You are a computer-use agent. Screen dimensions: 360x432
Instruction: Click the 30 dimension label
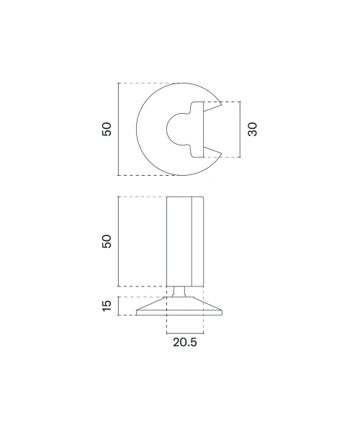pyautogui.click(x=252, y=129)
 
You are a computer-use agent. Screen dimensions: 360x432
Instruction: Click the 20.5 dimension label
pyautogui.click(x=185, y=342)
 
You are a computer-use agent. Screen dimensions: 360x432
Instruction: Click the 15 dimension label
pyautogui.click(x=107, y=306)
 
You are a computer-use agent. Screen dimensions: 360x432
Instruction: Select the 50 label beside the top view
pyautogui.click(x=107, y=129)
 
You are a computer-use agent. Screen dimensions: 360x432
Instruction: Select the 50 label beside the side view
pyautogui.click(x=107, y=241)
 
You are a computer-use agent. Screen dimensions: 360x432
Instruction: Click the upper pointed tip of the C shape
pyautogui.click(x=222, y=104)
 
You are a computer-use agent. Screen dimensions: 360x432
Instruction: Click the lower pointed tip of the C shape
pyautogui.click(x=222, y=153)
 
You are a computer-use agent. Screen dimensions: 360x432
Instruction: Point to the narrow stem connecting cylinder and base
pyautogui.click(x=179, y=292)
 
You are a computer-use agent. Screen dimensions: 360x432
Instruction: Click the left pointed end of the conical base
pyautogui.click(x=137, y=310)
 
